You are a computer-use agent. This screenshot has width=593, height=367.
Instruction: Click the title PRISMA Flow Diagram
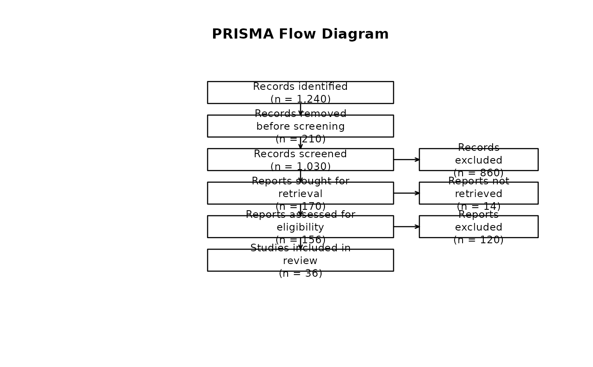coord(300,34)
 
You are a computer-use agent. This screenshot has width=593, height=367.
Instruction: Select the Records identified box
coord(237,92)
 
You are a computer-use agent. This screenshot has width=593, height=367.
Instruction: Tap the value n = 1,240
coord(300,100)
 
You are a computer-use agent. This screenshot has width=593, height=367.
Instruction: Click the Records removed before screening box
coord(237,126)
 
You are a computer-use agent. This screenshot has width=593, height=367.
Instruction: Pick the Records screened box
coord(237,159)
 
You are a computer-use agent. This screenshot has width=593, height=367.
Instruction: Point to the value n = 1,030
coord(300,167)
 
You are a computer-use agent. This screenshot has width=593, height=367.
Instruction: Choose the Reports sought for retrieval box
coord(237,193)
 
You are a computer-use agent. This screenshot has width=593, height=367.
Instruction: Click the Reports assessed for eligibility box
coord(237,227)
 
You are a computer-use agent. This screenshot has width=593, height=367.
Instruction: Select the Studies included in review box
coord(237,260)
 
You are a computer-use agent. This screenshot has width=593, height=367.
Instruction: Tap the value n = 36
coord(300,274)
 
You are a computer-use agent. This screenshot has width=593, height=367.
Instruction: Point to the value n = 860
coord(478,173)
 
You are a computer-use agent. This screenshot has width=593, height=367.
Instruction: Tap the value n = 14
coord(478,207)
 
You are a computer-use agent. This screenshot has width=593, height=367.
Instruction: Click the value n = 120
coord(478,240)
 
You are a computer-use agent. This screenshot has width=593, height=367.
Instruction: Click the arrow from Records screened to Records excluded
coord(406,160)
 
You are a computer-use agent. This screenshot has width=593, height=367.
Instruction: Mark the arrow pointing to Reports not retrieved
coord(406,193)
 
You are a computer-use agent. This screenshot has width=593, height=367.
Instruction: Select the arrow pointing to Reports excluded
coord(406,227)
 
